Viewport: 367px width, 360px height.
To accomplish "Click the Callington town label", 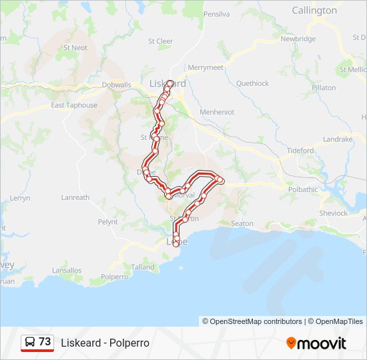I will pos(314,11).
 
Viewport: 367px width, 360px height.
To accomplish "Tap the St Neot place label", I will pos(75,48).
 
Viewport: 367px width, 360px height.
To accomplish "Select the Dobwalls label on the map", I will pos(117,85).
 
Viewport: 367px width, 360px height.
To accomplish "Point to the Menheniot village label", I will pos(217,112).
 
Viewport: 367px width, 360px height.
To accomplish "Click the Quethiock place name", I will pos(252,83).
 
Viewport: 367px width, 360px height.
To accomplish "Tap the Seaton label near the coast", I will pos(242,223).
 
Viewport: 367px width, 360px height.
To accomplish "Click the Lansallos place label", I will pos(67,271).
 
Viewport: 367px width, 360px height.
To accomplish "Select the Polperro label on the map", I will pos(114,276).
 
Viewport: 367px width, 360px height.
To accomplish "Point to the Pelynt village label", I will pos(107,222).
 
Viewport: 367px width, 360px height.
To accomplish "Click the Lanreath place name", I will pos(75,197).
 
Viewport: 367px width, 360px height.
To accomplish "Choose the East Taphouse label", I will pos(74,105).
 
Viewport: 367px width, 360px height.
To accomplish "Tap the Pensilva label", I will pos(216,14).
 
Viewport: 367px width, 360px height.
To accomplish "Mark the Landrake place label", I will pos(337,139).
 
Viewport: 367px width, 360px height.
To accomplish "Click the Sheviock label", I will pos(333,213).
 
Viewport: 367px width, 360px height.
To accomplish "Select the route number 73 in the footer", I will pos(45,342).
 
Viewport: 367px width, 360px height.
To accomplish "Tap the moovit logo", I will pos(316,343).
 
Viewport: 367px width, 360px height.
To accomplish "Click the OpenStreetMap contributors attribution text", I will pos(252,321).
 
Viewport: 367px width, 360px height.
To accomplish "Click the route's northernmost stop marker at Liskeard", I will pos(170,83).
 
